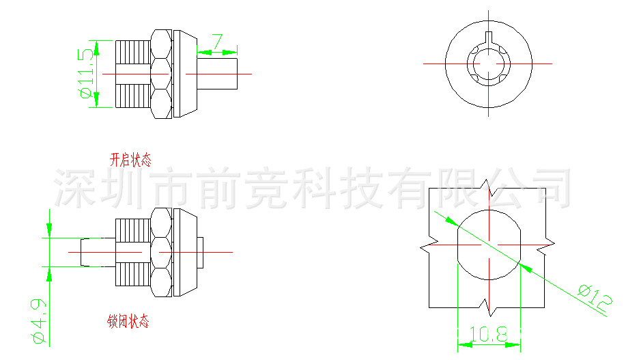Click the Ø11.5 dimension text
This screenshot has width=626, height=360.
[x=86, y=74]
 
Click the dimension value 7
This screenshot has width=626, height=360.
[x=217, y=41]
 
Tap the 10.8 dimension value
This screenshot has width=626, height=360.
[x=489, y=334]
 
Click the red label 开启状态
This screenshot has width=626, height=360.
[x=130, y=161]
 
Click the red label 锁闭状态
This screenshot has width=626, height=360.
[x=128, y=321]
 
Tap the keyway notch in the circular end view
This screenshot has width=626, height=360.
[x=489, y=40]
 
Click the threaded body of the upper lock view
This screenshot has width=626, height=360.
[x=134, y=74]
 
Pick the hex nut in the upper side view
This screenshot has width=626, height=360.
[x=161, y=74]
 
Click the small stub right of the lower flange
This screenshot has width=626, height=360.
[x=201, y=251]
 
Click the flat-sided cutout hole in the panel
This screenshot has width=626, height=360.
[x=489, y=245]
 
